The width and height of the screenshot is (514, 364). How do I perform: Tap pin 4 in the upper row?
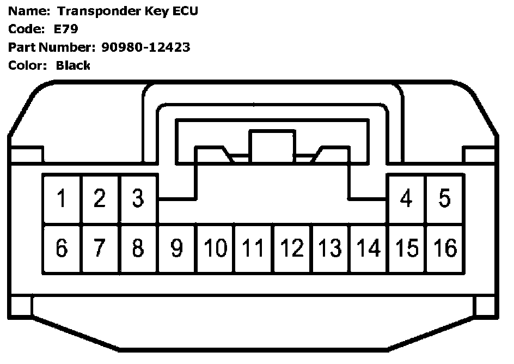coord(406,199)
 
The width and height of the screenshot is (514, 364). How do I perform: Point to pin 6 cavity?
coord(62,248)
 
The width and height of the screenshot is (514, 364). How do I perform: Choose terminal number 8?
coord(138,248)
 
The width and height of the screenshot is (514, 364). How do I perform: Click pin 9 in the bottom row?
coord(177,248)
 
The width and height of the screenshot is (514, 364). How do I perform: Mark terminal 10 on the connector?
coord(216,248)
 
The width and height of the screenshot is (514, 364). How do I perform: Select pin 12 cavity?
coord(292,248)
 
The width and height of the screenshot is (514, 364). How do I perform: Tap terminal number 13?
coord(331,248)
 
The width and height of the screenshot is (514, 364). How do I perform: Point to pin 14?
coord(369,248)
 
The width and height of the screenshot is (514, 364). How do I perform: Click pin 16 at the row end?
coord(445,248)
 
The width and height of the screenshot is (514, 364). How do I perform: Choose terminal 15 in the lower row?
coord(406,248)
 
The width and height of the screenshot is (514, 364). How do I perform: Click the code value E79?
coord(66,29)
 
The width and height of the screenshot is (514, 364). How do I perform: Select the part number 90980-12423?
coord(146,47)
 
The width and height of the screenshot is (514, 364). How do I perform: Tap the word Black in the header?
coord(73,65)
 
